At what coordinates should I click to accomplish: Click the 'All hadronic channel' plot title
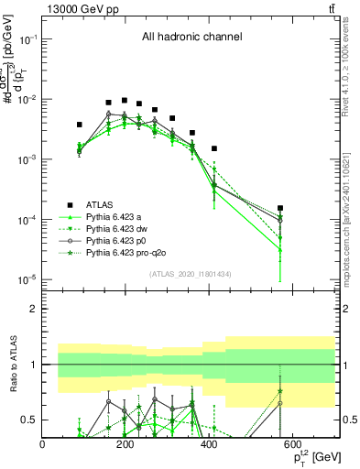191,38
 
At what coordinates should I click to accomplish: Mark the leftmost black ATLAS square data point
80,124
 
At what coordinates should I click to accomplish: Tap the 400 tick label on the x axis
210,444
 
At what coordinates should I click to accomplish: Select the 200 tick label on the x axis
126,444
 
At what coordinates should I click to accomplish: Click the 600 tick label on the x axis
293,444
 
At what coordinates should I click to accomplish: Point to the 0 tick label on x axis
43,444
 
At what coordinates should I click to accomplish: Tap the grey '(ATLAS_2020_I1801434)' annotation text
188,275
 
